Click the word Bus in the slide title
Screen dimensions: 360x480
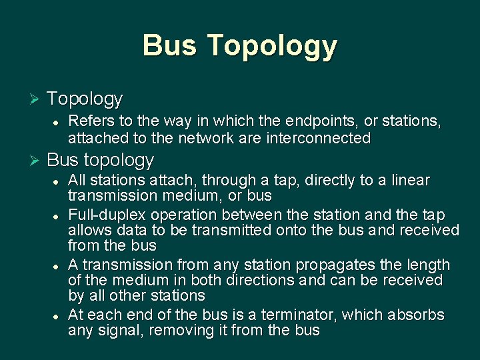[x=170, y=45]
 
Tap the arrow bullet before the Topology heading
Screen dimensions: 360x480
[x=35, y=99]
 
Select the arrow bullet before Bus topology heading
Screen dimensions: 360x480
[x=35, y=161]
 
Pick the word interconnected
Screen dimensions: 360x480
[x=318, y=138]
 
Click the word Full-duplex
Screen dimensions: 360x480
[x=107, y=215]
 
